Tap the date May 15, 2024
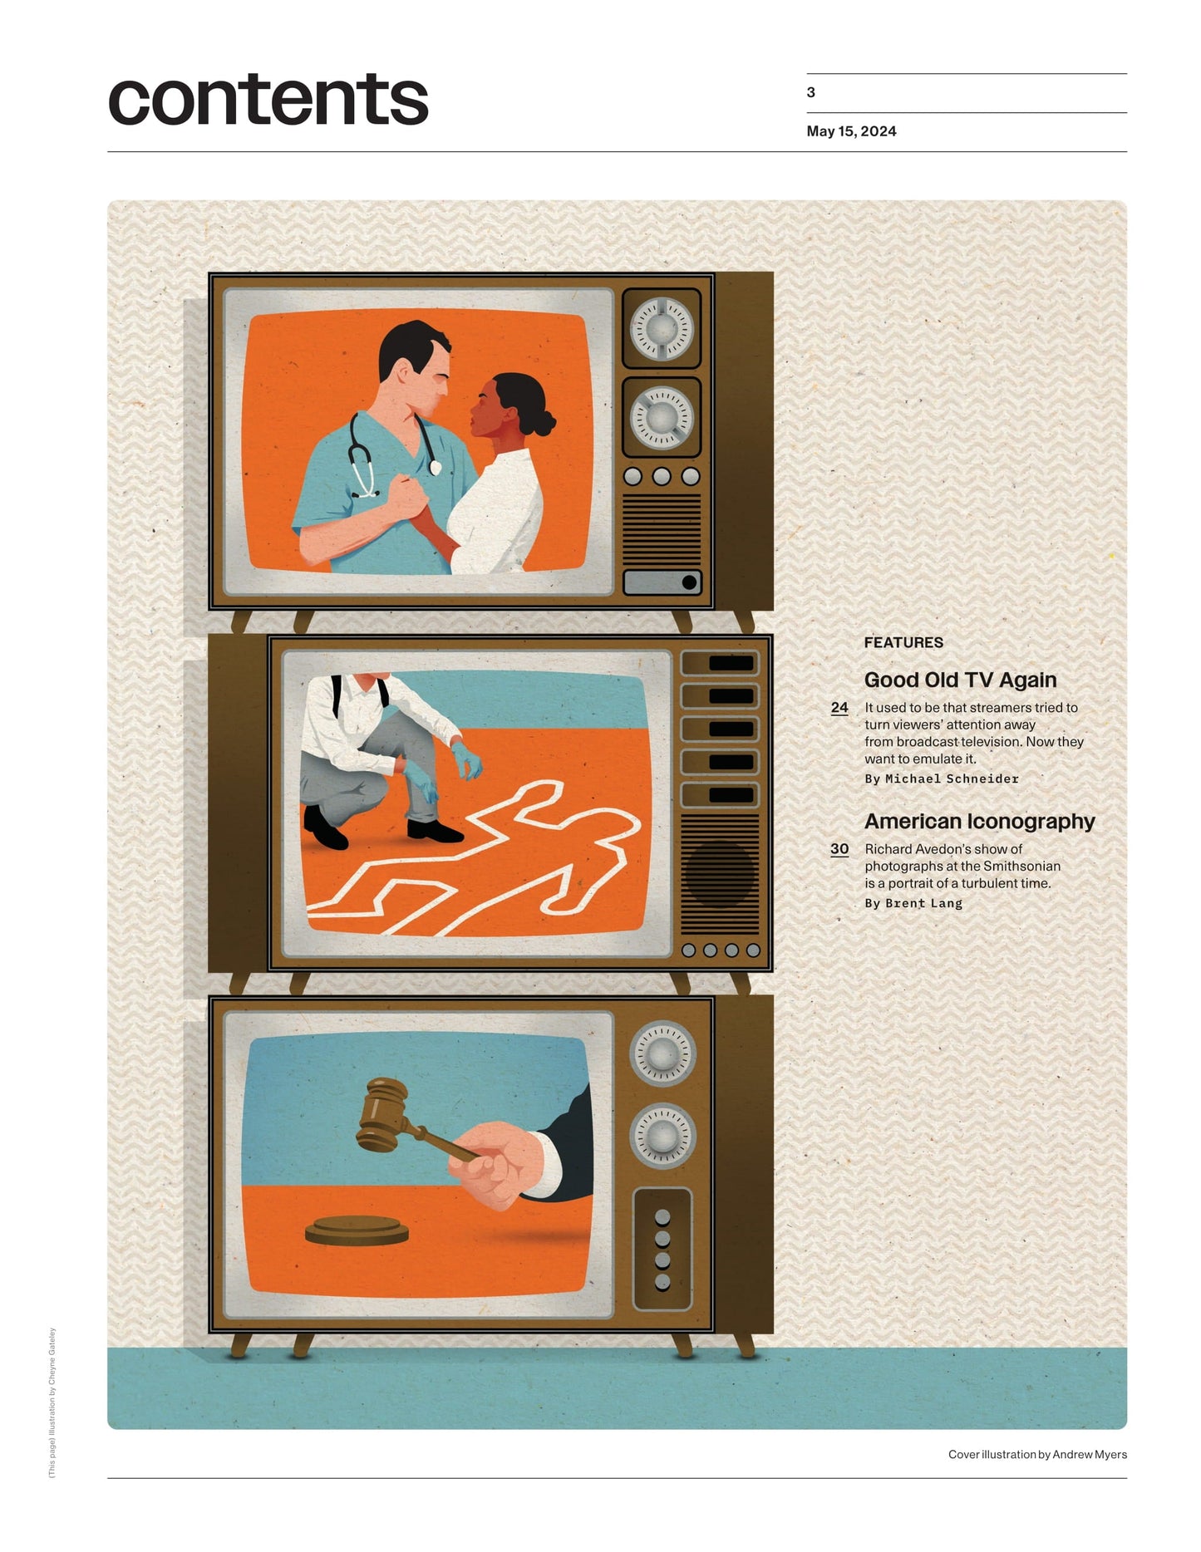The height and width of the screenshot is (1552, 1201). click(x=851, y=131)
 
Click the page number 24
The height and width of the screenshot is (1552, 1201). click(x=839, y=707)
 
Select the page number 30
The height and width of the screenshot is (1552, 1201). click(x=839, y=848)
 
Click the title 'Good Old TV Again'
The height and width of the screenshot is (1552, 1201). click(x=960, y=680)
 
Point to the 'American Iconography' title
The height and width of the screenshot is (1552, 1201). click(x=979, y=821)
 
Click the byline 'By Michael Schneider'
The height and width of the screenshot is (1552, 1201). click(x=942, y=778)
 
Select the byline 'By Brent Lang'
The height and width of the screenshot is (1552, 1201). click(x=913, y=903)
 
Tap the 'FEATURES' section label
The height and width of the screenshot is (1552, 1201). click(x=903, y=642)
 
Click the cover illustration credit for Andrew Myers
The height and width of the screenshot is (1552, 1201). click(x=1037, y=1454)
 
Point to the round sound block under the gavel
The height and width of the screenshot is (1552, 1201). click(x=357, y=1231)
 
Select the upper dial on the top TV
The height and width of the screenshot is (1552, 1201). click(x=662, y=328)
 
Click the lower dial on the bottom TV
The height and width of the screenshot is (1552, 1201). click(x=662, y=1135)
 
